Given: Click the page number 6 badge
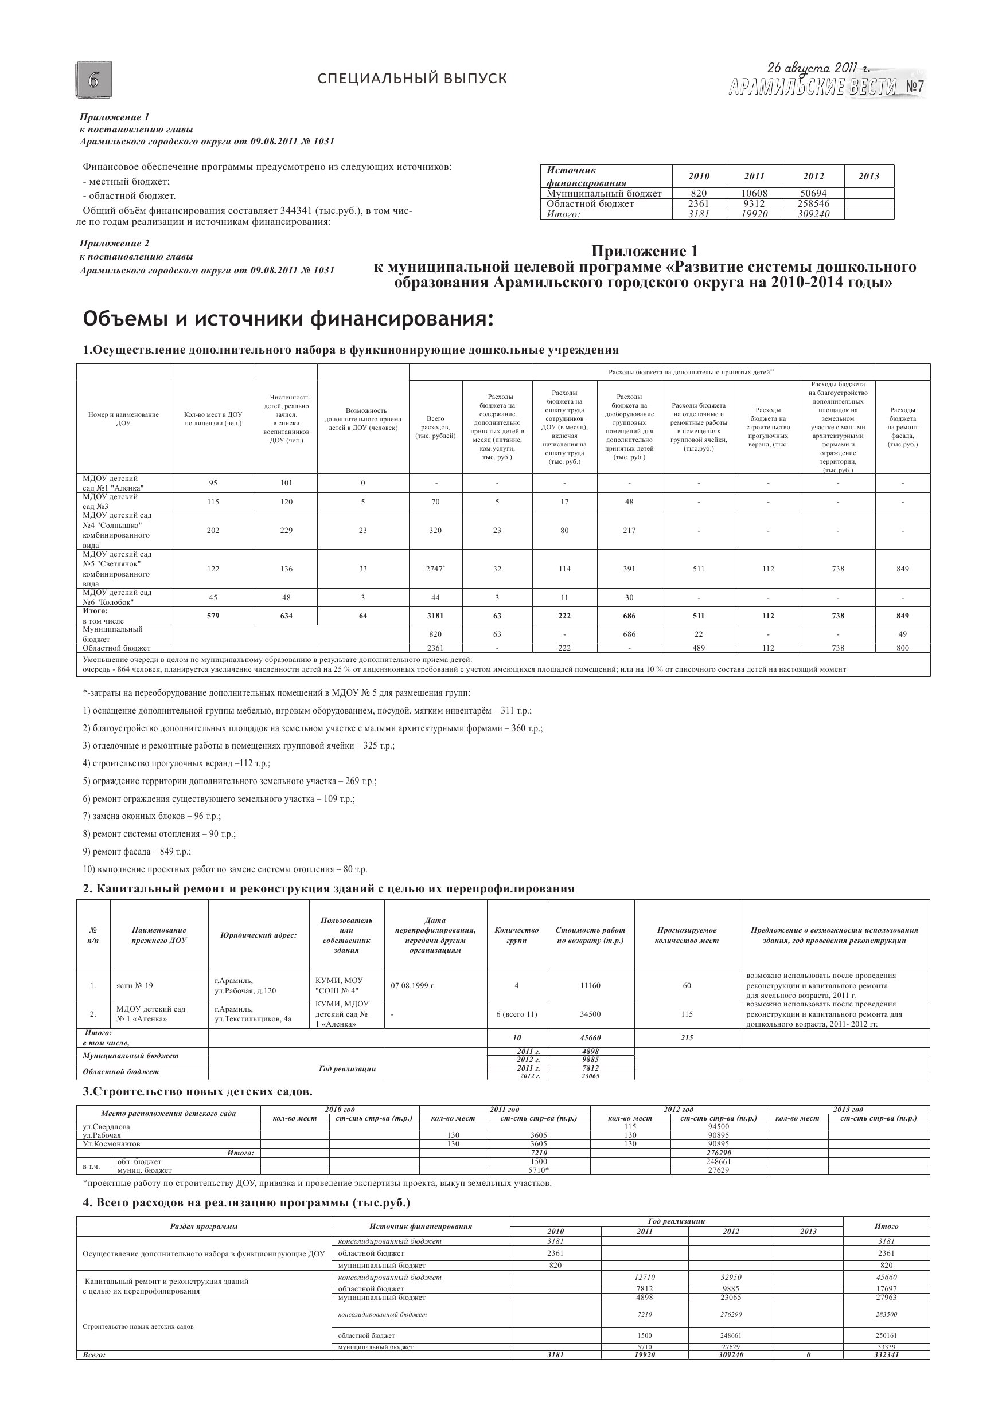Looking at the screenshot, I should coord(93,80).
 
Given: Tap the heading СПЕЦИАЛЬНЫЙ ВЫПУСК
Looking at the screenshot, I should coord(412,79).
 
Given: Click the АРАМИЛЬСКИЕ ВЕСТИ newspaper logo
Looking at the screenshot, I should coord(813,87).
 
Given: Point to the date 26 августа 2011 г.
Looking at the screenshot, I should coord(818,68).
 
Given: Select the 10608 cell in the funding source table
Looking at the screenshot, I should coord(754,193).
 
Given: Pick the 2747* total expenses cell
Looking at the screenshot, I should coord(435,569).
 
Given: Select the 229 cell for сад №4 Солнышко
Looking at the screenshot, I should coord(286,530).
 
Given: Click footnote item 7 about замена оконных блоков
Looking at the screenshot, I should coord(152,816).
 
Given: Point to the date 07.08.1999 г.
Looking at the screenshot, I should coord(413,985).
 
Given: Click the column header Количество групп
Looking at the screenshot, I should coord(516,935).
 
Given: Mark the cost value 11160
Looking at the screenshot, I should coord(590,985).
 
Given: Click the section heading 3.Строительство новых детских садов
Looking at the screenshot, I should coord(198,1091).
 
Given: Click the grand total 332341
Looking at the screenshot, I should coord(886,1354).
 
